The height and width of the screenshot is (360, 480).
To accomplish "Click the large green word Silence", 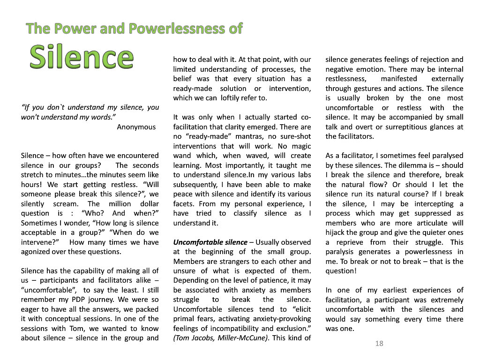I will coord(82,57).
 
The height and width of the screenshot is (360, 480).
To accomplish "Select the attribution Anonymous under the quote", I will coord(136,127).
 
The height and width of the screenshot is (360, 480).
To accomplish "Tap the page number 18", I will coord(379,344).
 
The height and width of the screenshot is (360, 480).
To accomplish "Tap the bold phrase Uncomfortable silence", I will coord(210,242).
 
